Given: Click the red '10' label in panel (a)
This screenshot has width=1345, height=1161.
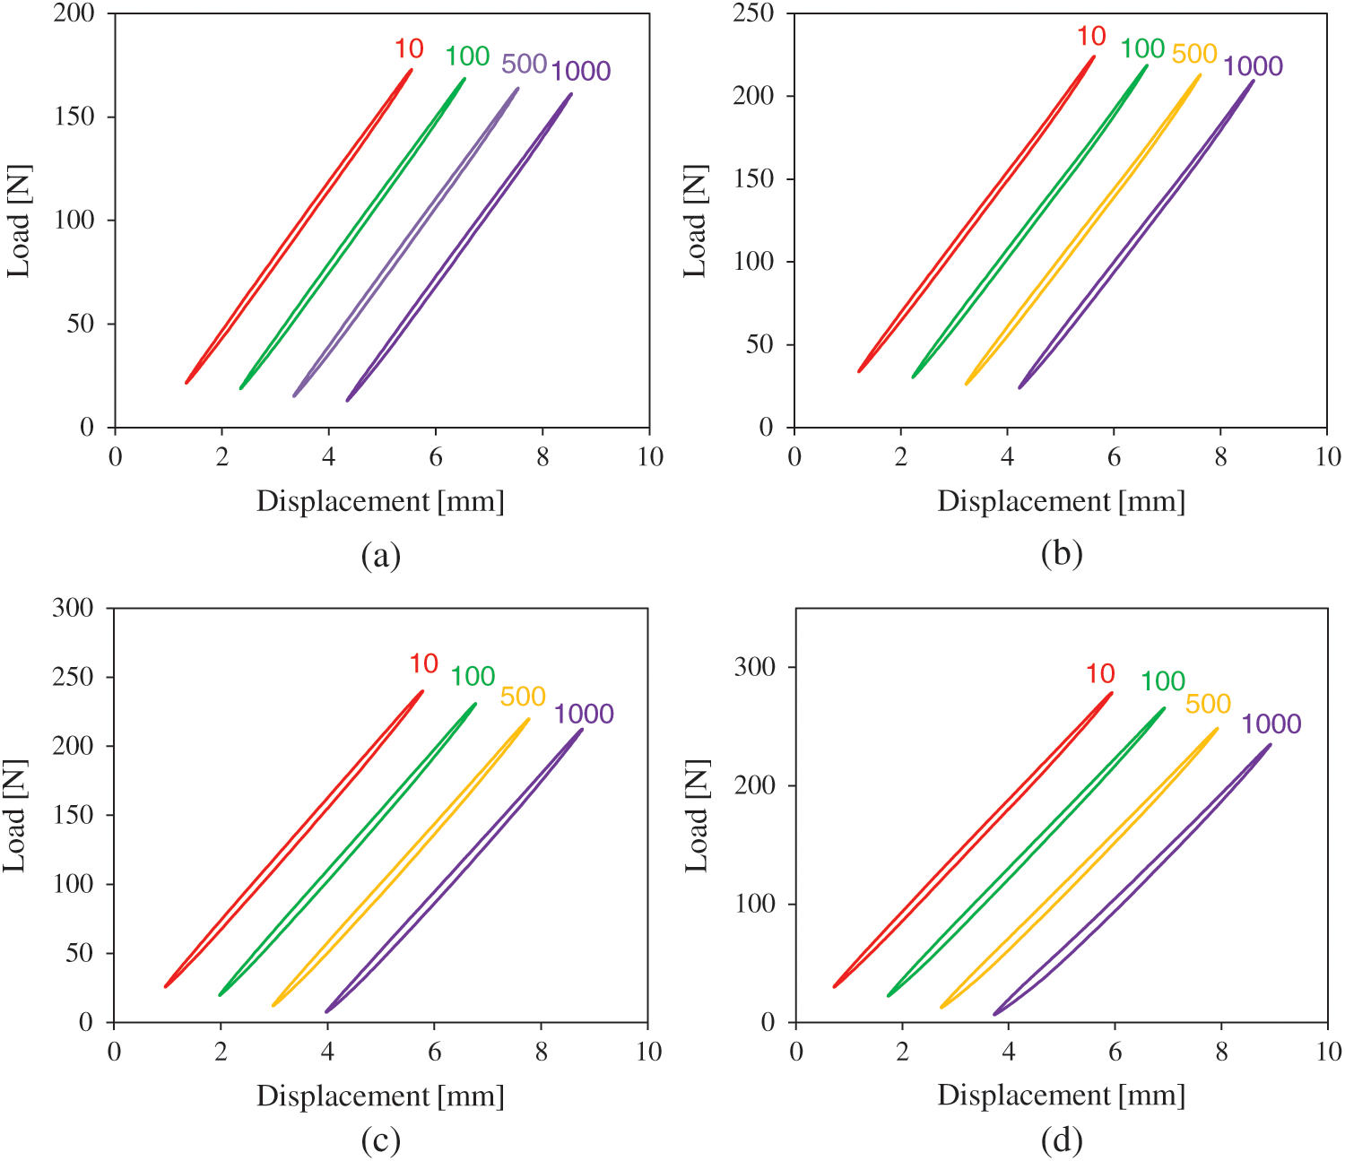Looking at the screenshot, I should click(409, 48).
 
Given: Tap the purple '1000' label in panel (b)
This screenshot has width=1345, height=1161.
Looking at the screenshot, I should click(1253, 66).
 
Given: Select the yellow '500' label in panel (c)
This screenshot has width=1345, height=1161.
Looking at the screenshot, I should click(523, 697).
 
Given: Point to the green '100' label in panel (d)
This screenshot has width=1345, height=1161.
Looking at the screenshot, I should click(1162, 681).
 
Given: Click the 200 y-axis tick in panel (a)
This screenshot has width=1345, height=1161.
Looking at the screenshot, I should click(74, 13).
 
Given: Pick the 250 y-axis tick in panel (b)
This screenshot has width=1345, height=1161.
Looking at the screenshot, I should click(753, 13).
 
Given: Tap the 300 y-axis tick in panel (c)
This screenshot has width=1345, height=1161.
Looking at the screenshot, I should click(73, 608).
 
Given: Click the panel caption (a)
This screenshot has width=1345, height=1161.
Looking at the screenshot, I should click(380, 556).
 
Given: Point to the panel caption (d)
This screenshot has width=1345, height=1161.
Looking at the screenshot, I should click(1062, 1140).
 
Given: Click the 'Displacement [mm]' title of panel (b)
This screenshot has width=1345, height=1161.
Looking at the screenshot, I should click(1062, 501).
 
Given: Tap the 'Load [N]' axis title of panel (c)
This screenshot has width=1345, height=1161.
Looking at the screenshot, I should click(16, 816).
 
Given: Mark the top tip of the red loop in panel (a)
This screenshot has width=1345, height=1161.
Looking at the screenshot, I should click(412, 69).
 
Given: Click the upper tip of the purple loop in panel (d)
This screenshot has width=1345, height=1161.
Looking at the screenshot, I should click(1270, 744).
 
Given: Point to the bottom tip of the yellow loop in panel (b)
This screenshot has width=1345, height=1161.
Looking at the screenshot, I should click(967, 384).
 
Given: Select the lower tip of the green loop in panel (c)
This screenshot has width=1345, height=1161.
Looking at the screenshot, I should click(220, 994).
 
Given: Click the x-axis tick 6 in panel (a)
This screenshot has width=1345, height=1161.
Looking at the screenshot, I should click(436, 457).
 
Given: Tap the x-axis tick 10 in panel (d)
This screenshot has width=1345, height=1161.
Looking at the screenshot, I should click(1328, 1052).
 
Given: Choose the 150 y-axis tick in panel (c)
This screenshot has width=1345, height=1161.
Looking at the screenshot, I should click(73, 815).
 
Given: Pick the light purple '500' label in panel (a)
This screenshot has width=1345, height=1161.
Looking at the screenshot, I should click(524, 65).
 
